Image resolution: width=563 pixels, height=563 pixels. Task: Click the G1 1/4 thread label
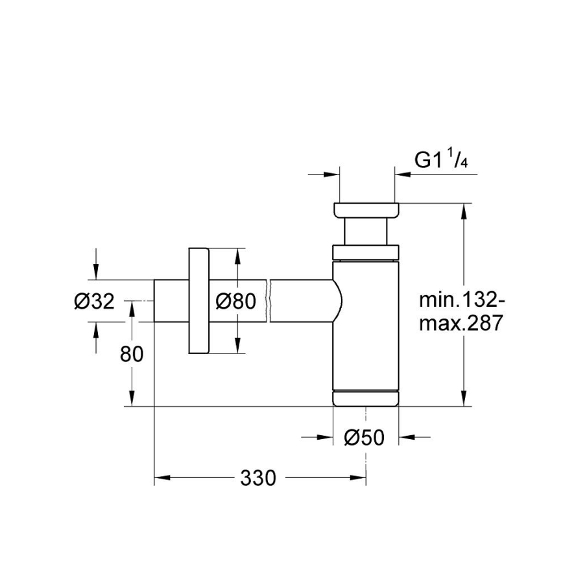[x=441, y=160]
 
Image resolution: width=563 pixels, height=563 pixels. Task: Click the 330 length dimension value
[x=258, y=479]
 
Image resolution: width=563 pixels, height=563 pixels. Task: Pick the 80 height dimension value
[x=132, y=353]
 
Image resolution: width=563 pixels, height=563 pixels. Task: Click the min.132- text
[x=460, y=300]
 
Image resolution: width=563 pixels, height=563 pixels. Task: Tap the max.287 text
[x=460, y=323]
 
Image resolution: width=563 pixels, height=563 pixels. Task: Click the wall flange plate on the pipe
[x=198, y=301]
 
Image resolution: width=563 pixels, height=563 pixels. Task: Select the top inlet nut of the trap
[x=366, y=211]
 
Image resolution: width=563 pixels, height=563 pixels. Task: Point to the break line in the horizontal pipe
[x=268, y=301]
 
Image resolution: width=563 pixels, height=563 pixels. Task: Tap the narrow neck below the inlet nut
[x=366, y=232]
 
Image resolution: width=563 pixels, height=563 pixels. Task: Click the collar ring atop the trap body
[x=366, y=252]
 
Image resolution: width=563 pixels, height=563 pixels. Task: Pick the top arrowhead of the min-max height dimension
[x=464, y=210]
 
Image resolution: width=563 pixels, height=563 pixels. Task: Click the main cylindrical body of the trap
[x=366, y=324]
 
